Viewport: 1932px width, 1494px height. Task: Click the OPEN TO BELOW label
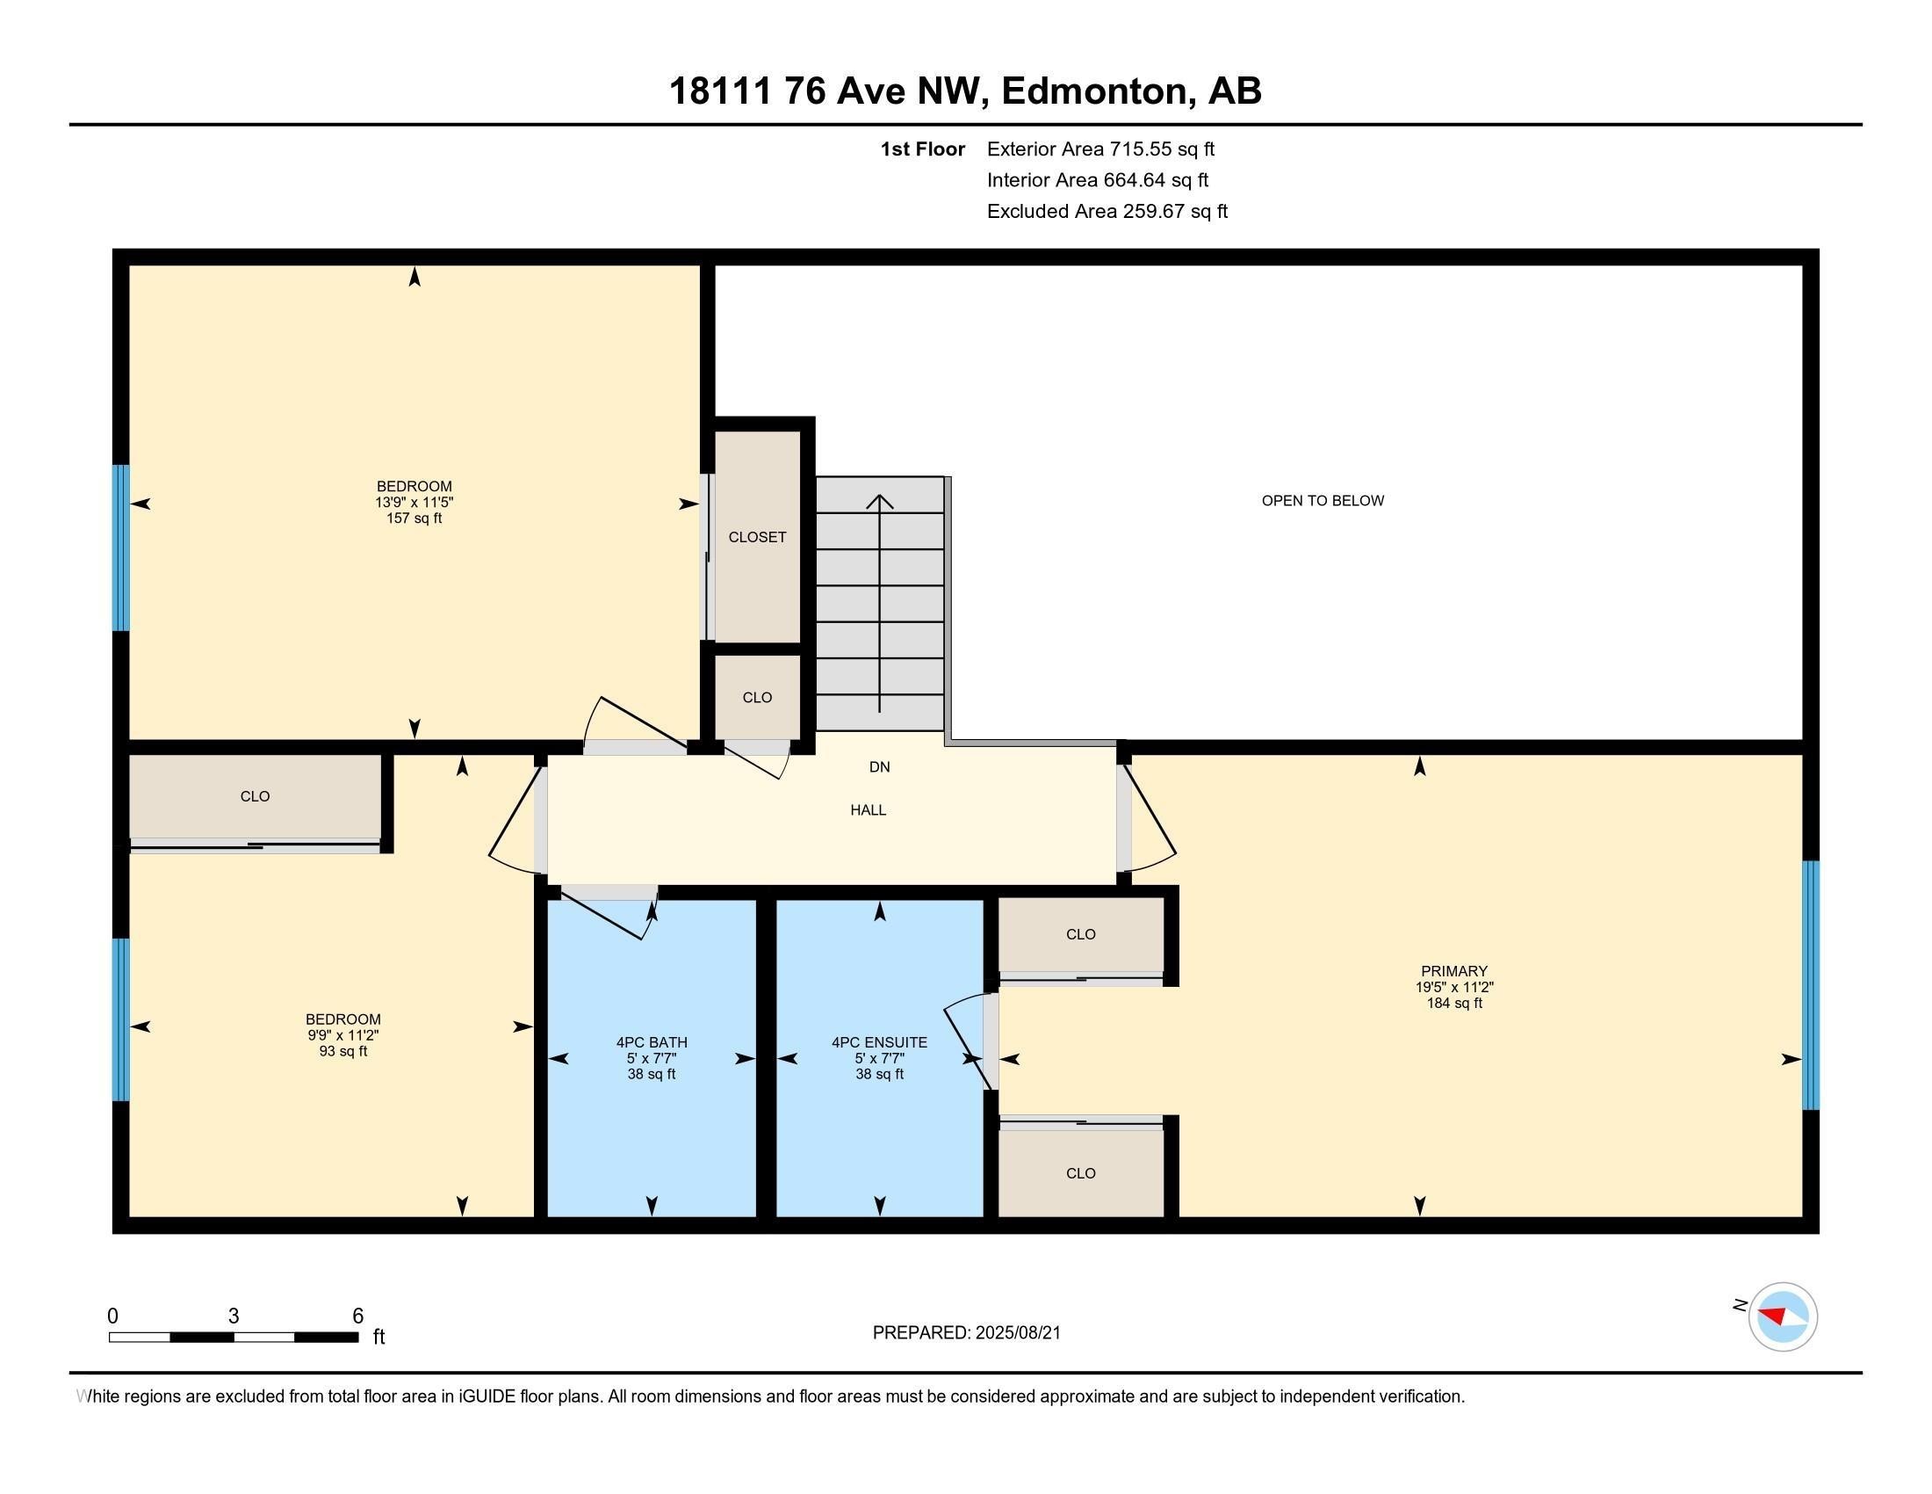point(1323,501)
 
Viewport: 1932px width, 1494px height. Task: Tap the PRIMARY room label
point(1454,971)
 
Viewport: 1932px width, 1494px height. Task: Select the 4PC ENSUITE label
point(879,1042)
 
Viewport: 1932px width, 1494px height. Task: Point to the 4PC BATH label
point(652,1042)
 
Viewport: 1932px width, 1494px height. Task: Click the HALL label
point(869,810)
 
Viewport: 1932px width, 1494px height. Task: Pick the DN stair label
point(879,767)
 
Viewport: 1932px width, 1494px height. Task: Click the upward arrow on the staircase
point(879,604)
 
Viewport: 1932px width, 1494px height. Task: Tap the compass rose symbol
point(1783,1316)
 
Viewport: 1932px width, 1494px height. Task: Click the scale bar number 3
point(234,1316)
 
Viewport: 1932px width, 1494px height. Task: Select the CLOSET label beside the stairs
point(757,537)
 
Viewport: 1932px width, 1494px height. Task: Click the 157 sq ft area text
point(414,519)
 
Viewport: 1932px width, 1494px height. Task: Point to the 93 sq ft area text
point(343,1051)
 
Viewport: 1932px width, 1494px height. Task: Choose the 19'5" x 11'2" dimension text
point(1454,987)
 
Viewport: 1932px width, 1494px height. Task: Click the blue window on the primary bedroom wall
point(1811,985)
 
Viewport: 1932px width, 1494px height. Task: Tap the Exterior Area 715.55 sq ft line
point(1100,149)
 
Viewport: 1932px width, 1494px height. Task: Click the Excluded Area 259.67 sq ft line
point(1107,212)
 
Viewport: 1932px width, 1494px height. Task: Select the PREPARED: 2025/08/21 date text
point(967,1333)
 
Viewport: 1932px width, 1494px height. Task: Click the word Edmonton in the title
point(1094,91)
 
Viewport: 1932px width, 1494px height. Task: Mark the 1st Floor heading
point(923,149)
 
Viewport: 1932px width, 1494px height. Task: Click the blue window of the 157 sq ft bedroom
point(121,548)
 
